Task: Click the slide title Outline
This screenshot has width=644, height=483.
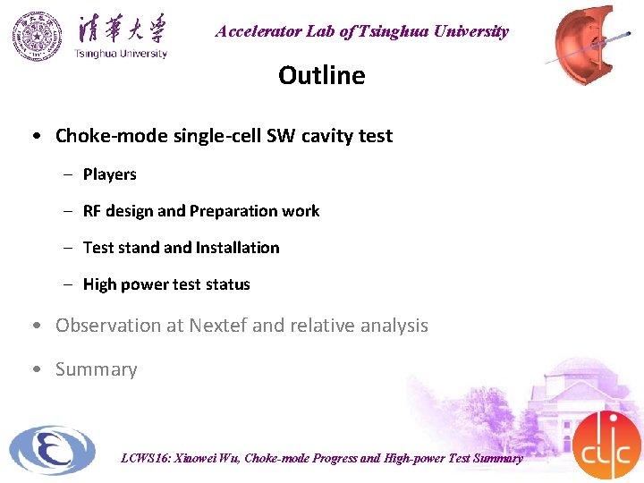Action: click(321, 75)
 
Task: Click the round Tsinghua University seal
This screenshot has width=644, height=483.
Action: click(38, 37)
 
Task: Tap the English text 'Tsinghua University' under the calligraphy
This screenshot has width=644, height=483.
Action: click(121, 54)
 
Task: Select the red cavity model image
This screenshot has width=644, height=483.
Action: click(594, 45)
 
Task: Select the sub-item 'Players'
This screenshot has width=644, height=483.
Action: click(109, 174)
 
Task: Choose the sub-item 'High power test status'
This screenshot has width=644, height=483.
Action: click(166, 284)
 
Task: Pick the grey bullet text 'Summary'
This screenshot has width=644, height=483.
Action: click(96, 369)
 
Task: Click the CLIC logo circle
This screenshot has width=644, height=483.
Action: click(606, 445)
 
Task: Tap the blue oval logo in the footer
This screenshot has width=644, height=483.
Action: click(52, 450)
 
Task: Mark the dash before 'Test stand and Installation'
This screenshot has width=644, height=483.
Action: click(67, 248)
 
